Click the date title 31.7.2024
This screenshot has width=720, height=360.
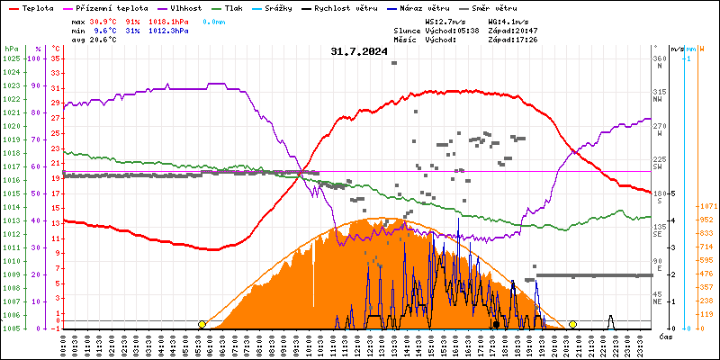(359, 52)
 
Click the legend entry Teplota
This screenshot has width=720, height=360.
(37, 7)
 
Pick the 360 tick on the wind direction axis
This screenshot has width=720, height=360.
(660, 58)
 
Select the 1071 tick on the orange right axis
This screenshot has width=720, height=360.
(706, 207)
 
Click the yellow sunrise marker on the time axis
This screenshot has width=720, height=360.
(202, 324)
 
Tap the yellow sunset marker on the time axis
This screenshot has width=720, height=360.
(572, 324)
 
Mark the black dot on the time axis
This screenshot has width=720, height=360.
(496, 324)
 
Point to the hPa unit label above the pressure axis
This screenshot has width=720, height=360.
(11, 48)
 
